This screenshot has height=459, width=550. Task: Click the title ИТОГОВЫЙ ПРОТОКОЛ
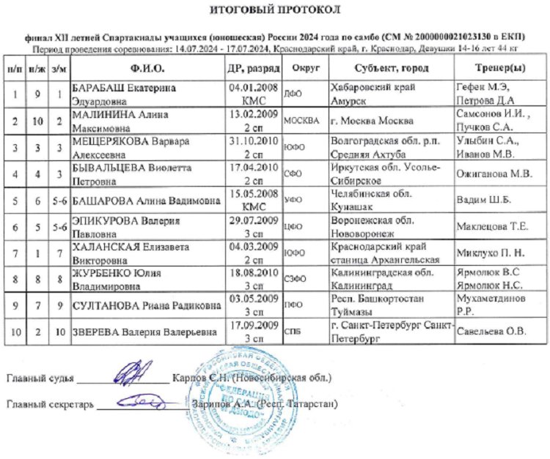[x=275, y=10]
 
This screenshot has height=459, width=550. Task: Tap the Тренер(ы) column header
[x=491, y=68]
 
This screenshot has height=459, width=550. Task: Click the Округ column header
[x=304, y=68]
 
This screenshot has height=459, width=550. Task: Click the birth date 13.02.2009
[x=253, y=115]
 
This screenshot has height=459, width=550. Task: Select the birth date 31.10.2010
[x=253, y=141]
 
